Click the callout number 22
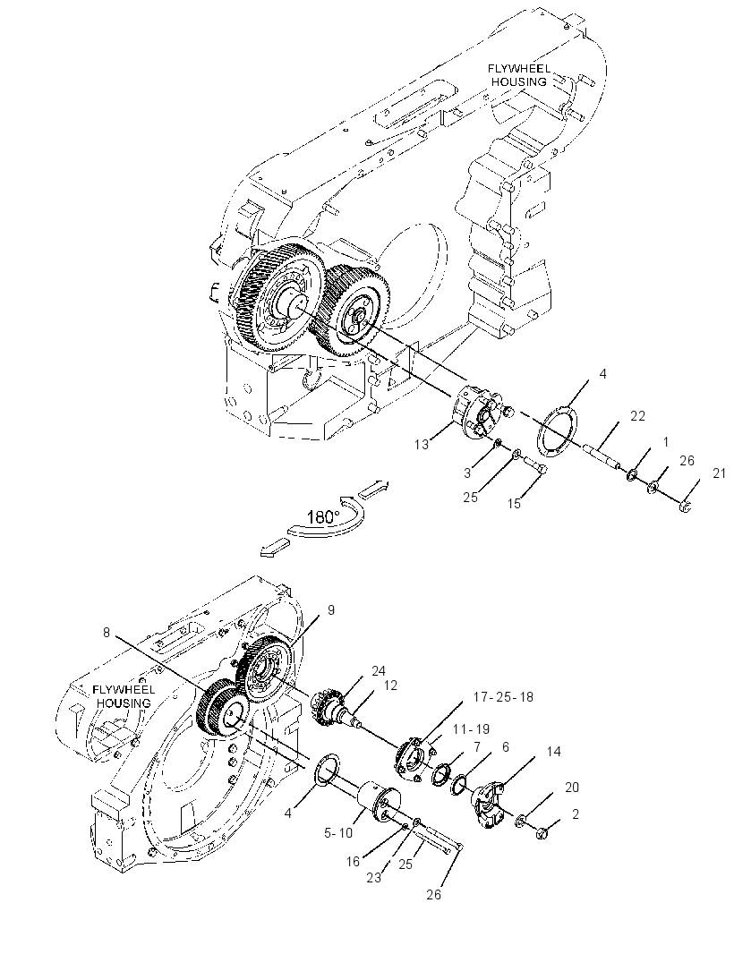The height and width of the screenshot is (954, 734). (x=638, y=415)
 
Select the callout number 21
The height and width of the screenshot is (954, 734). (x=719, y=473)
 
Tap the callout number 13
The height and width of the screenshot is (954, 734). (x=422, y=445)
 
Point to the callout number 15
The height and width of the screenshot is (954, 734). (x=515, y=504)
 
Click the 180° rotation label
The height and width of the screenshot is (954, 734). (x=323, y=518)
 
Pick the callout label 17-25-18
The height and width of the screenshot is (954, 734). (x=503, y=696)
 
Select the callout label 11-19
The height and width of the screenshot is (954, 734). (x=471, y=728)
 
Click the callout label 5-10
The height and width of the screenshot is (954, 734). (x=338, y=833)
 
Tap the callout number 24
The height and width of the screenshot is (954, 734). (x=379, y=670)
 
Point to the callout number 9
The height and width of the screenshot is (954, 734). (x=331, y=609)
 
